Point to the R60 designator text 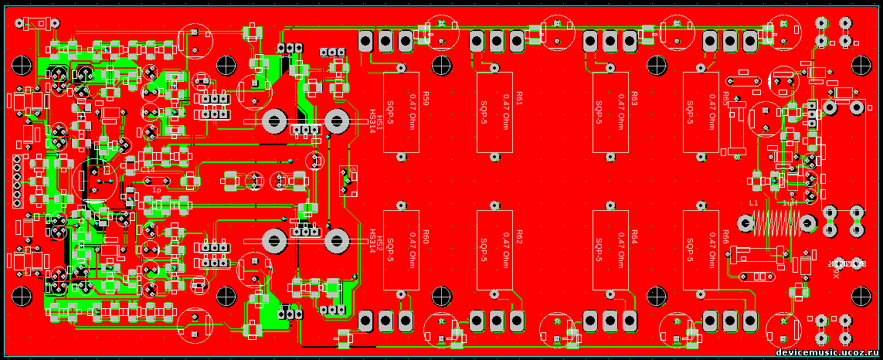pos(426,236)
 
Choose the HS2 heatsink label pos(379,238)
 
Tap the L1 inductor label pos(753,202)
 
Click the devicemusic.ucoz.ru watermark pos(827,352)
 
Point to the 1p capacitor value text pos(156,189)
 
